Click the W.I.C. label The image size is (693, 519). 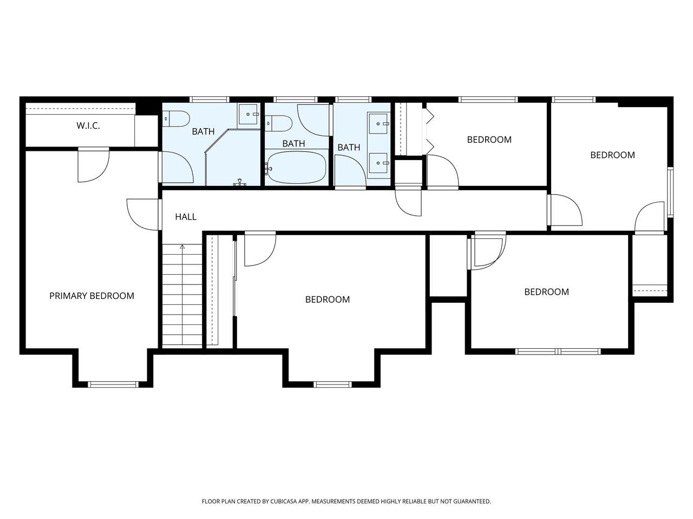[x=88, y=125]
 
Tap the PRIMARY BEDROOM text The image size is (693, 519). [x=91, y=296]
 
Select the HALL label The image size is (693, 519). [x=185, y=217]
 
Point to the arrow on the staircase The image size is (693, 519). [x=182, y=247]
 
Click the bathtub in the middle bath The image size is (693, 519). [x=296, y=167]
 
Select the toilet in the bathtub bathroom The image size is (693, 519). [x=278, y=123]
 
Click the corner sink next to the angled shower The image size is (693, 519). [x=250, y=114]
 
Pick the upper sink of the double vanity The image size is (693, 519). [x=378, y=123]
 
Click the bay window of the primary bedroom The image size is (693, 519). [x=113, y=384]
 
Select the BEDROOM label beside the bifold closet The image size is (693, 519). [x=489, y=139]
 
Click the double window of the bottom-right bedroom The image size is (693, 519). [x=558, y=351]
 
